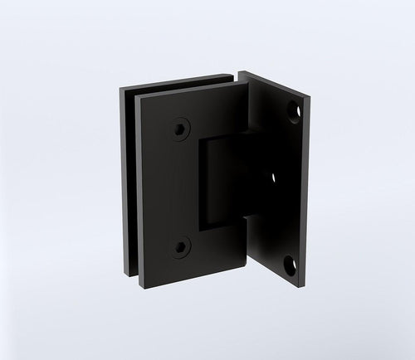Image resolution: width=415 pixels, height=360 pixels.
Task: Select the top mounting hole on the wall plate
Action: [293, 112]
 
